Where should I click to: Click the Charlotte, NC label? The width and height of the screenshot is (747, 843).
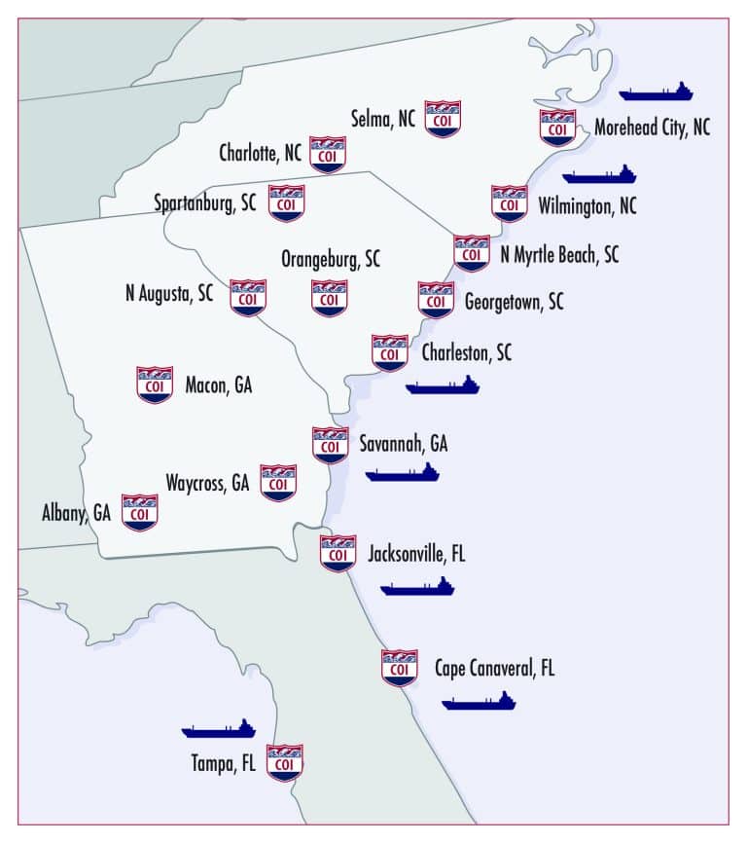pyautogui.click(x=260, y=153)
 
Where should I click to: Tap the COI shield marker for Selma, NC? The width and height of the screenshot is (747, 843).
pyautogui.click(x=444, y=119)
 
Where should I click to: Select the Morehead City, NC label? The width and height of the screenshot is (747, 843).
pyautogui.click(x=652, y=128)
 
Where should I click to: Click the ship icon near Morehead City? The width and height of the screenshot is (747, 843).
pyautogui.click(x=657, y=92)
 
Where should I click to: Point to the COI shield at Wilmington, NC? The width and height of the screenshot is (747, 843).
pyautogui.click(x=509, y=204)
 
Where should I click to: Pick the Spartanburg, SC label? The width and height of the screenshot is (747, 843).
pyautogui.click(x=205, y=203)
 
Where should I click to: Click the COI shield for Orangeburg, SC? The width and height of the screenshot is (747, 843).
pyautogui.click(x=330, y=298)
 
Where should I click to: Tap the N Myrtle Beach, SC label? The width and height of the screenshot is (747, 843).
pyautogui.click(x=558, y=255)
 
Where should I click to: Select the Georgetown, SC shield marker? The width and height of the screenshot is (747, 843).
pyautogui.click(x=436, y=300)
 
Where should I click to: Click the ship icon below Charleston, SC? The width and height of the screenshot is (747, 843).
pyautogui.click(x=443, y=385)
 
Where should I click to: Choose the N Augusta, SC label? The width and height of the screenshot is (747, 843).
pyautogui.click(x=169, y=293)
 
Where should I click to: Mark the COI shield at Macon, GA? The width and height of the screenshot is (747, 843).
pyautogui.click(x=156, y=385)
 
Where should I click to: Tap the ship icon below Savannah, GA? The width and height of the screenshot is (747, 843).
pyautogui.click(x=402, y=473)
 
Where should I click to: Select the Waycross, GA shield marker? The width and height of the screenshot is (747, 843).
pyautogui.click(x=278, y=482)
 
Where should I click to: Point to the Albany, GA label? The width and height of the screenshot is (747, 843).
pyautogui.click(x=76, y=512)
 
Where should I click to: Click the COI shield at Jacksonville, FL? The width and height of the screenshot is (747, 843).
pyautogui.click(x=338, y=553)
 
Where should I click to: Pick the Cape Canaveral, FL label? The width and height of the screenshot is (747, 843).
pyautogui.click(x=494, y=669)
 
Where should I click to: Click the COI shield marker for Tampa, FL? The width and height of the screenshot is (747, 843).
pyautogui.click(x=285, y=763)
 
